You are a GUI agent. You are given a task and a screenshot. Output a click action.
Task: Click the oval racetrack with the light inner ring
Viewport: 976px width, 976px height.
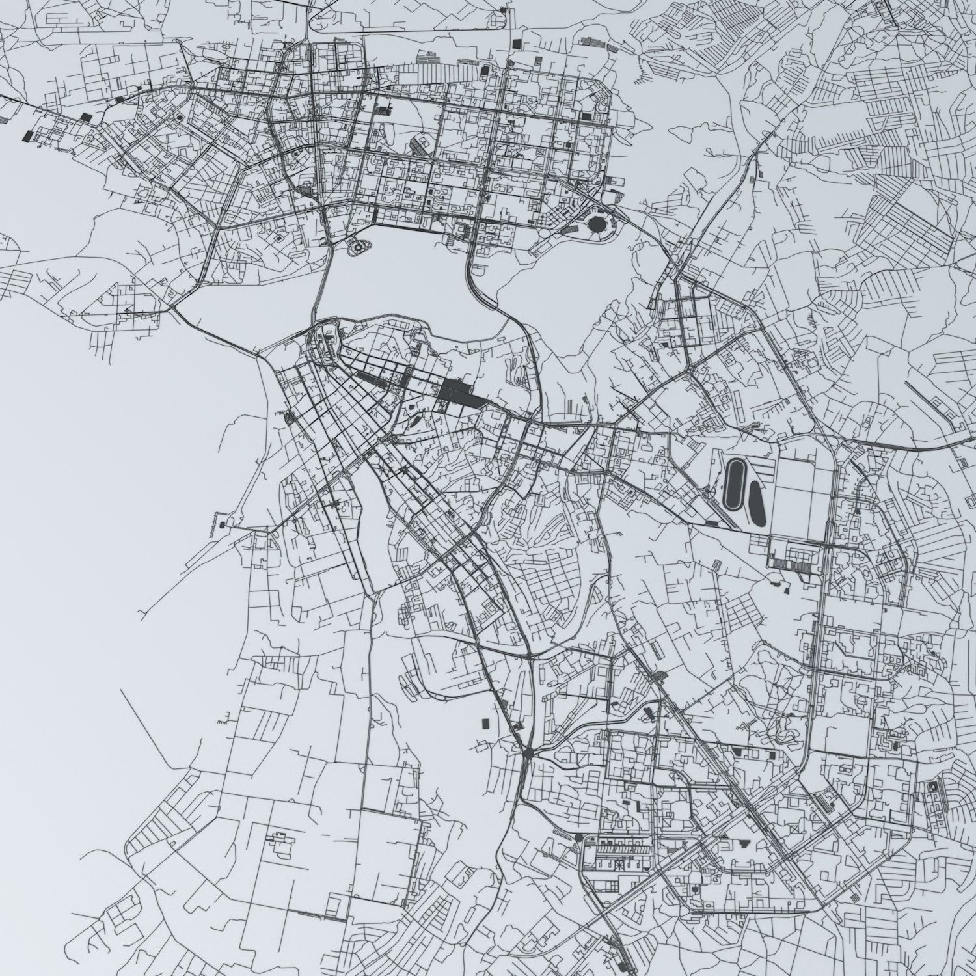tap(735, 485)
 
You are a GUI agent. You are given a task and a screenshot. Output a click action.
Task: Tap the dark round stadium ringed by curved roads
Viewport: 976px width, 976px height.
tap(595, 225)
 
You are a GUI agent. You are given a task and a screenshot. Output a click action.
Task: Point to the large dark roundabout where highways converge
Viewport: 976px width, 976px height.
tap(527, 753)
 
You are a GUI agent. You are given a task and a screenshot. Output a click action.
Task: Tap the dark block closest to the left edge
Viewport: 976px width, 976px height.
tap(27, 136)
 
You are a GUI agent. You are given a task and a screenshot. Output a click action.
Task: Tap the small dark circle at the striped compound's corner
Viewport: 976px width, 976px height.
tap(578, 837)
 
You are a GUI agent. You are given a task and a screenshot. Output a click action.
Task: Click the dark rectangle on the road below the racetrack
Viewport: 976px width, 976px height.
tap(713, 522)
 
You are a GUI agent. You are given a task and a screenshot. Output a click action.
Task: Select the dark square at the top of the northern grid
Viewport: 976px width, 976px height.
tap(517, 43)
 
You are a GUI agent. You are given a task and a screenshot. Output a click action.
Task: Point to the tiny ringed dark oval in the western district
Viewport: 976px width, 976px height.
tap(177, 117)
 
